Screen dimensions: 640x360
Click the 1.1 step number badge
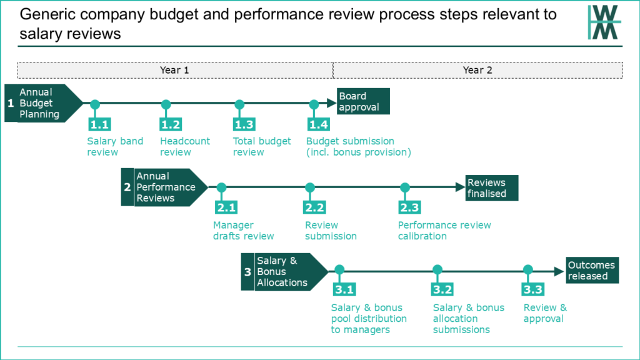pyautogui.click(x=99, y=124)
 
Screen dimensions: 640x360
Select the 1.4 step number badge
pyautogui.click(x=318, y=124)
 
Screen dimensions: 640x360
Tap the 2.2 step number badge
pyautogui.click(x=314, y=207)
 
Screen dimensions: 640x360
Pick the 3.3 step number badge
pyautogui.click(x=532, y=289)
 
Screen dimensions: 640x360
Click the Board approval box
pyautogui.click(x=363, y=101)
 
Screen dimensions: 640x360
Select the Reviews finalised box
pyautogui.click(x=492, y=187)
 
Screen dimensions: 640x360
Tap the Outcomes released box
pyautogui.click(x=592, y=270)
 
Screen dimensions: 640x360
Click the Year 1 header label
pyautogui.click(x=175, y=70)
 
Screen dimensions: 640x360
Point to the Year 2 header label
pyautogui.click(x=477, y=70)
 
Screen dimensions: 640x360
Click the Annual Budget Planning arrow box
pyautogui.click(x=44, y=103)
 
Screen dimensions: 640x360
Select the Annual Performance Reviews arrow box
pyautogui.click(x=164, y=187)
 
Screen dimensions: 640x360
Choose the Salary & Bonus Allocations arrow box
pyautogui.click(x=284, y=272)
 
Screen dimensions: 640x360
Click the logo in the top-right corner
pyautogui.click(x=604, y=22)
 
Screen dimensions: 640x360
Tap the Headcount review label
pyautogui.click(x=185, y=146)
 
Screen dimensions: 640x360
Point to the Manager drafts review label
pyautogui.click(x=243, y=231)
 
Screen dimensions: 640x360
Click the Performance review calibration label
pyautogui.click(x=444, y=231)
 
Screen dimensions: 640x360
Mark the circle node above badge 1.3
pyautogui.click(x=239, y=104)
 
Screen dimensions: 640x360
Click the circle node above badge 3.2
pyautogui.click(x=437, y=269)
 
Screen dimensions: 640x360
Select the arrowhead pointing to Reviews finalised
pyautogui.click(x=460, y=187)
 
